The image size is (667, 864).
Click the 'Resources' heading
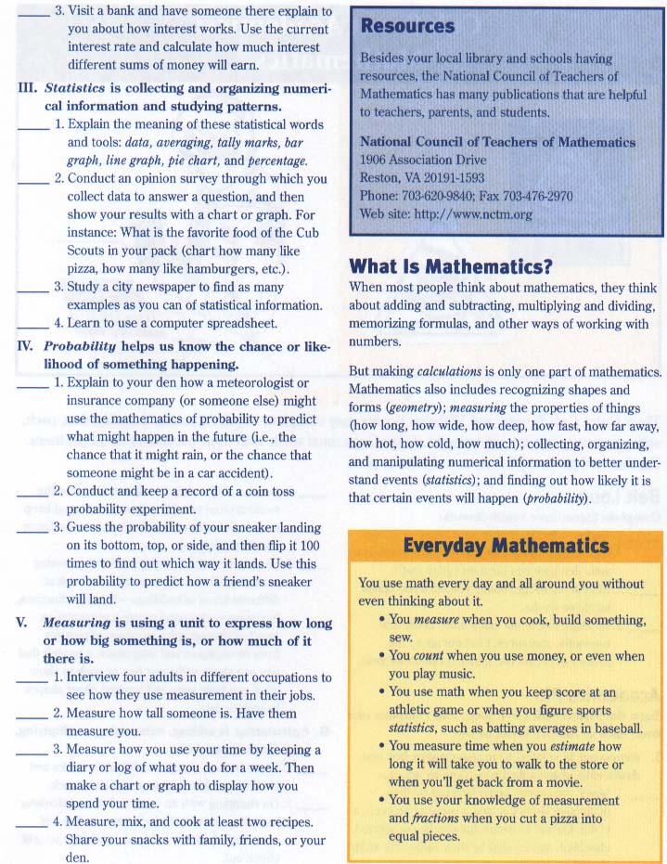click(x=408, y=26)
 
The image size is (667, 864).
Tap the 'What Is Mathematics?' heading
click(x=450, y=267)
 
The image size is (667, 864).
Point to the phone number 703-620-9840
click(x=442, y=197)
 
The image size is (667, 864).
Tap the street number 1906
click(x=376, y=161)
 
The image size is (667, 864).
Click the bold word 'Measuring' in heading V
click(x=78, y=623)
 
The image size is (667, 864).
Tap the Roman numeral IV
click(x=26, y=346)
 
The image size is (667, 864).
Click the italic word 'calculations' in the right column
click(x=449, y=371)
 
